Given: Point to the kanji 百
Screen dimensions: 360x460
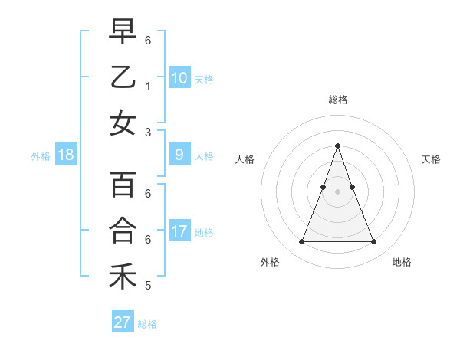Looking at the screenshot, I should (x=123, y=185).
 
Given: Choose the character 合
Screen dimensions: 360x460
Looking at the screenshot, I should (x=123, y=231).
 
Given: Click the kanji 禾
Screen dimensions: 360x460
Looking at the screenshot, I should (x=123, y=277).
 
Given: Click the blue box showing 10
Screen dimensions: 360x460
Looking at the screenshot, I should (x=179, y=77).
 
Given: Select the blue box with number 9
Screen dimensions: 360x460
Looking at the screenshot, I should (x=179, y=155).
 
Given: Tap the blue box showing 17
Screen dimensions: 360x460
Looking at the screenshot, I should (x=179, y=231).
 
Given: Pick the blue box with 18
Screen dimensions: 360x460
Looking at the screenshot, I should (x=66, y=155).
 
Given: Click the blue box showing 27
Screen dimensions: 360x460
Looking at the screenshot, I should (x=123, y=322).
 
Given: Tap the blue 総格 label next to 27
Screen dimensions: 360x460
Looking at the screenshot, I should (x=147, y=324).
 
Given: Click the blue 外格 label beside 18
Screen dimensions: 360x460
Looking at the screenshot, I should (x=41, y=156).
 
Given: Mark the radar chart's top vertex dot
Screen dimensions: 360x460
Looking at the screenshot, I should (x=337, y=146).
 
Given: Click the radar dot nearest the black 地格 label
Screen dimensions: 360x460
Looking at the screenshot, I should (x=373, y=242).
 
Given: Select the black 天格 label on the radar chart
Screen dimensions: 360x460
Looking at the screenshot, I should (x=431, y=159).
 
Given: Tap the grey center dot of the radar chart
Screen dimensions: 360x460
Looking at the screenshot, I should (x=337, y=191).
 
